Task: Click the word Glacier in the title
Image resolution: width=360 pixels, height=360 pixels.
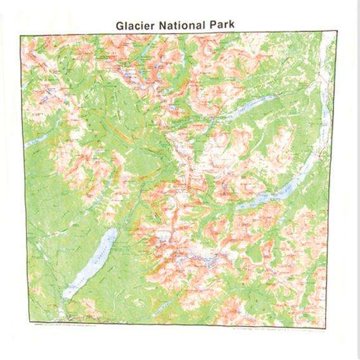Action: [135, 26]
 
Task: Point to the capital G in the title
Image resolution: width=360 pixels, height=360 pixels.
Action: [120, 26]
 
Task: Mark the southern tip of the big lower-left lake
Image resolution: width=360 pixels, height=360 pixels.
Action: [65, 297]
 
